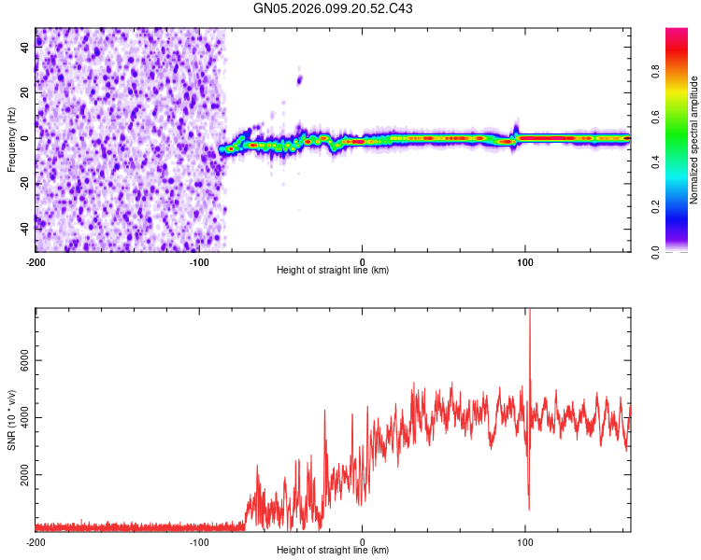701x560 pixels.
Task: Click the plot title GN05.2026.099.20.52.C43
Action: click(x=334, y=8)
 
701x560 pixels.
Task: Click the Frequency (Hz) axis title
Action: click(x=11, y=138)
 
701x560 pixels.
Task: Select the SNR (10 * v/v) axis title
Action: click(x=11, y=417)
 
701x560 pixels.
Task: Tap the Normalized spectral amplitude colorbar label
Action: click(x=694, y=140)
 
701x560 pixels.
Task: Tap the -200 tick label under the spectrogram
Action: click(x=36, y=262)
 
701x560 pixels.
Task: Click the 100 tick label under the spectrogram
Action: click(x=525, y=262)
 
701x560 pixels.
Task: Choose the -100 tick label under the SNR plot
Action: click(x=199, y=542)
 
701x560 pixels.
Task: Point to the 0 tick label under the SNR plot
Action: click(x=363, y=542)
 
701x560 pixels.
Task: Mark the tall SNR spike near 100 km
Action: click(x=529, y=322)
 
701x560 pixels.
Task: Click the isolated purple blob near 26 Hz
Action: click(x=300, y=79)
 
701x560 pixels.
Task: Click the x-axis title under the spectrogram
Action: click(x=333, y=271)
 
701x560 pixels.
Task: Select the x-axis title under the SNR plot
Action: click(x=333, y=551)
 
